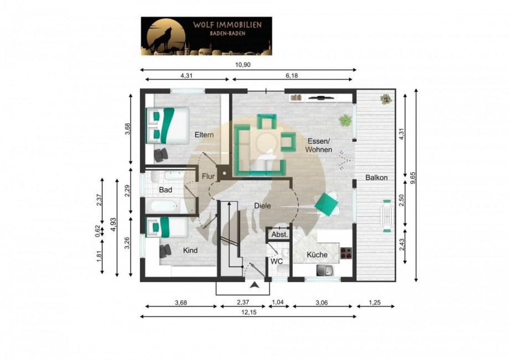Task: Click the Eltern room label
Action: (x=204, y=134)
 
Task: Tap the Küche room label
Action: (x=317, y=254)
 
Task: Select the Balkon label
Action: (x=376, y=178)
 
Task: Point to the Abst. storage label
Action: (x=280, y=234)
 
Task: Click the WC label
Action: (x=277, y=261)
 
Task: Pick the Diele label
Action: (x=262, y=206)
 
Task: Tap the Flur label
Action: (x=208, y=176)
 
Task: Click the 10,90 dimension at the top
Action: (x=243, y=65)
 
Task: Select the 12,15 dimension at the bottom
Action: (x=248, y=312)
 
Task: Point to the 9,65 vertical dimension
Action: (x=413, y=178)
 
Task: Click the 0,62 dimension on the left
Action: (x=98, y=231)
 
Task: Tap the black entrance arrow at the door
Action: (x=255, y=285)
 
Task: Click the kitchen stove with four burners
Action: (x=346, y=253)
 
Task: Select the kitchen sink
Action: (x=325, y=270)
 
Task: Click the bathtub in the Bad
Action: (x=162, y=206)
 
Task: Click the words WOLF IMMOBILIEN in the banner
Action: (x=227, y=25)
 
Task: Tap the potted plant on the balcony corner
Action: (x=386, y=99)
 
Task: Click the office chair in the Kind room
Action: (x=165, y=251)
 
